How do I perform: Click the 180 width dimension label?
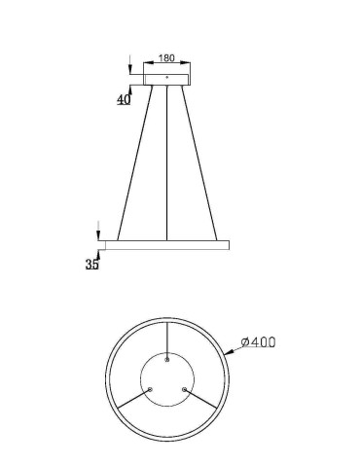(167, 57)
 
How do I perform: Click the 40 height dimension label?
(124, 99)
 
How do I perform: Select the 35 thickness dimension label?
(92, 264)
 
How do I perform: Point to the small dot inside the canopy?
(167, 75)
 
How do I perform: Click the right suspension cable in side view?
(199, 161)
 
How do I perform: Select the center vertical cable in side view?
(167, 161)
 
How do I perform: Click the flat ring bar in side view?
(167, 243)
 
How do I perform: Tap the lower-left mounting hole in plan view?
(150, 390)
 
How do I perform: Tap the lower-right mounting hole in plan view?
(185, 390)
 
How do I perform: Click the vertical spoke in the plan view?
(167, 340)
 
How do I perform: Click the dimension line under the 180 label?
(167, 64)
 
